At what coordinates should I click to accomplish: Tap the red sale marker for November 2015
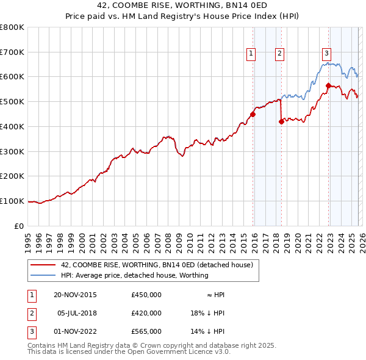[x=253, y=113]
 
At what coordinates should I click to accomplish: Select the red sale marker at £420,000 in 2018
[x=281, y=121]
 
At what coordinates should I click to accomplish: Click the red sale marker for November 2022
[x=328, y=85]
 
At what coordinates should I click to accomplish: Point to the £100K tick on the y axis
[x=12, y=201]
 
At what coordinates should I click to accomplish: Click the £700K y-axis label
[x=12, y=52]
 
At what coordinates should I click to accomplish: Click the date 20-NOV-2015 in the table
[x=75, y=295]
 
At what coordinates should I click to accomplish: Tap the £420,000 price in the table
[x=146, y=313]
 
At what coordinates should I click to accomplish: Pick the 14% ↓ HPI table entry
[x=207, y=331]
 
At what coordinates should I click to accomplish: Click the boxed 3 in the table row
[x=31, y=331]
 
